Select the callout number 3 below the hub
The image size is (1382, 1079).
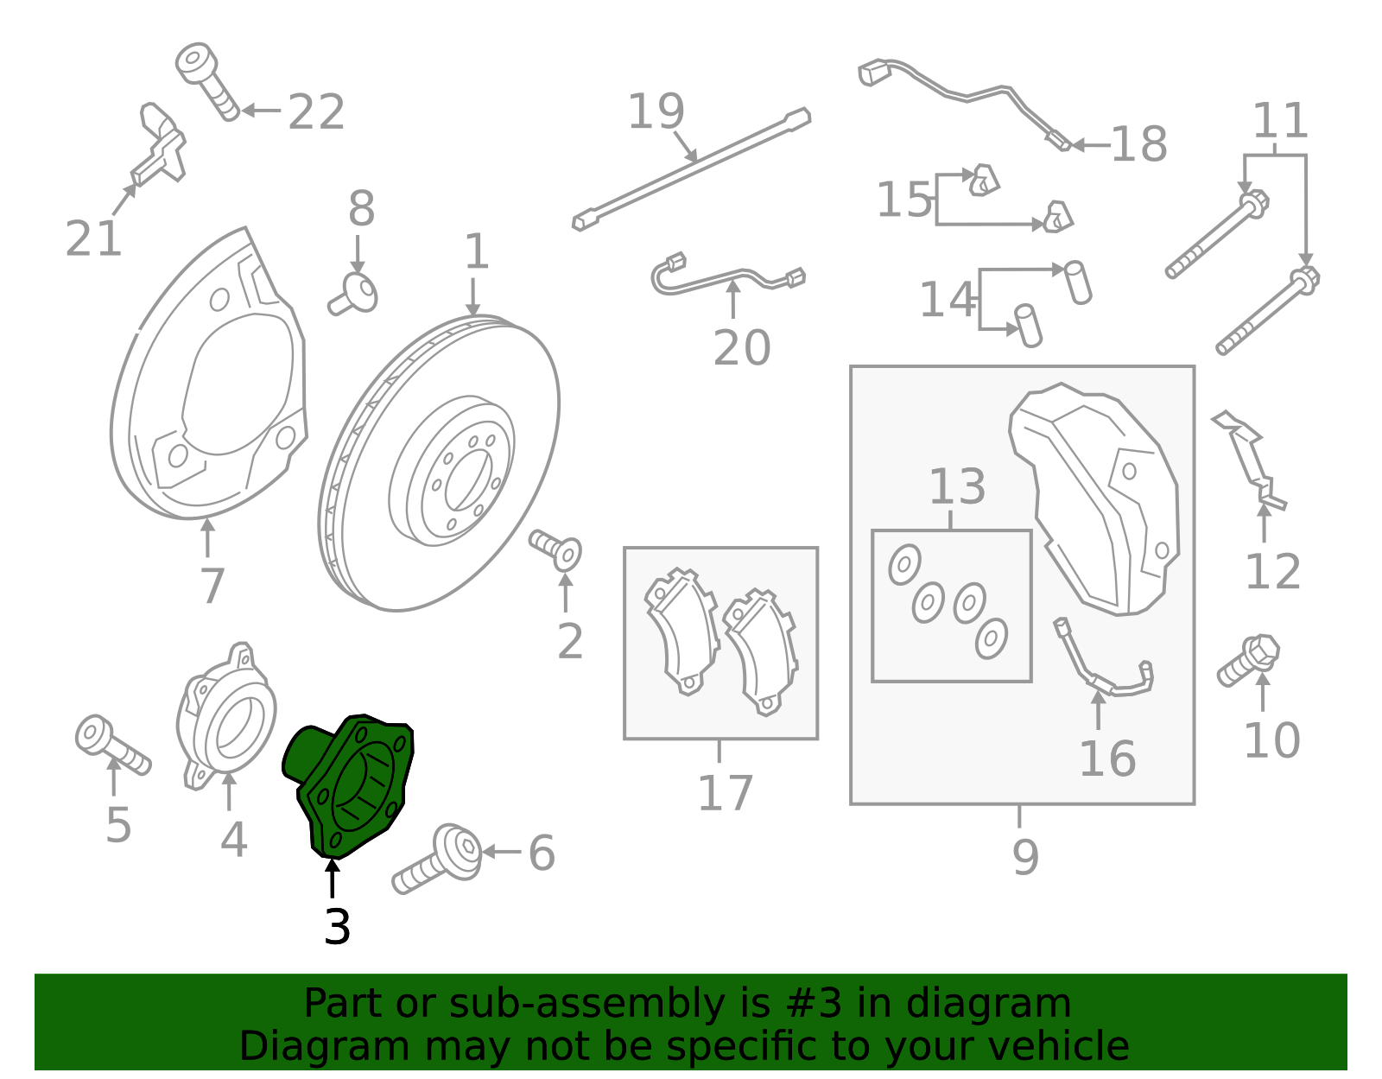(x=337, y=927)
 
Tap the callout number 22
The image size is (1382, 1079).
(x=316, y=112)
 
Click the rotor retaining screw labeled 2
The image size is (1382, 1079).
(x=555, y=550)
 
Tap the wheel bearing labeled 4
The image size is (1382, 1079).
(x=226, y=716)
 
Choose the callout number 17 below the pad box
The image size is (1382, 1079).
(x=725, y=793)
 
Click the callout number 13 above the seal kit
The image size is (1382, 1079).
(x=956, y=486)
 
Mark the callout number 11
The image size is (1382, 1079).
(x=1280, y=120)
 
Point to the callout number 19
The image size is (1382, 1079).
(x=656, y=111)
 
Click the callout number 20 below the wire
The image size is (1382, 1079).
(x=741, y=348)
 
